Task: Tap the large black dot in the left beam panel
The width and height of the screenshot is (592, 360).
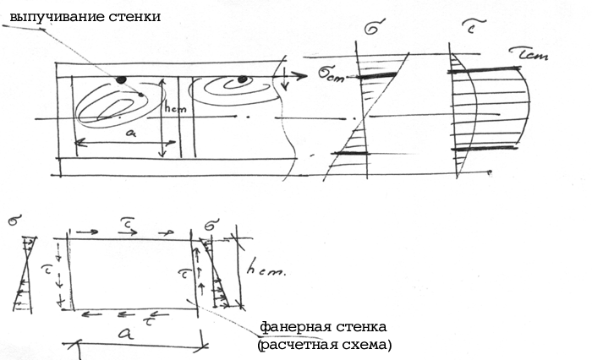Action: pos(121,79)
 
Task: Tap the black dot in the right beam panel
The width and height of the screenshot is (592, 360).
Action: pos(243,80)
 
